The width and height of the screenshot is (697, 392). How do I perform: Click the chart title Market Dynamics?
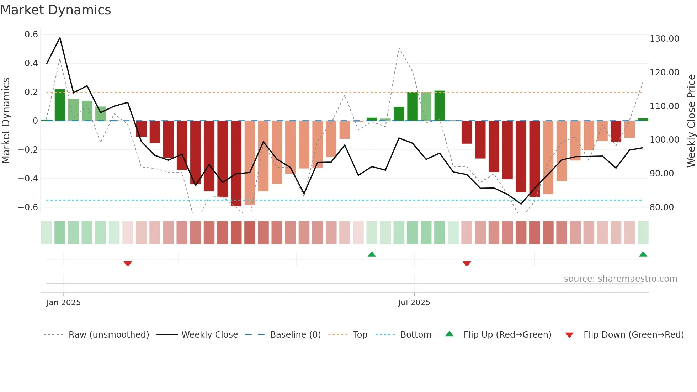click(x=55, y=10)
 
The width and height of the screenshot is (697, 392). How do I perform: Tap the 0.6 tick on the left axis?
click(x=31, y=35)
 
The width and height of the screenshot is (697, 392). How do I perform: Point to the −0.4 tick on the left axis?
click(x=28, y=178)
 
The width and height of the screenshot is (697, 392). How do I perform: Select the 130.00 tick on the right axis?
click(x=664, y=38)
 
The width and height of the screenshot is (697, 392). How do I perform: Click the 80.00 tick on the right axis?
click(x=661, y=207)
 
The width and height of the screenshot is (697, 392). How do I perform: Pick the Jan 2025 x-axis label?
click(x=63, y=302)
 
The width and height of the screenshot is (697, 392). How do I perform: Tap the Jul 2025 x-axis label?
click(x=414, y=302)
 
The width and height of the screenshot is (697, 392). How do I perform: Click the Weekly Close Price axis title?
click(x=691, y=121)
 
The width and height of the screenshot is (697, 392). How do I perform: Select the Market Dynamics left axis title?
click(x=6, y=121)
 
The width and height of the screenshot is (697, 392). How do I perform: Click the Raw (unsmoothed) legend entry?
click(x=108, y=334)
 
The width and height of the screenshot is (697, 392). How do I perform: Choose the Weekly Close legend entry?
click(x=209, y=334)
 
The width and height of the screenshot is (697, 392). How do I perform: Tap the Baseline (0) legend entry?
click(x=295, y=334)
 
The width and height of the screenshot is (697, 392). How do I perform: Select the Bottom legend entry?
click(x=415, y=334)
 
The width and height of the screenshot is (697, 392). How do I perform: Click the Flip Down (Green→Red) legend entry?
click(x=633, y=334)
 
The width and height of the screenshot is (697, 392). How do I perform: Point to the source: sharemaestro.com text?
click(x=620, y=279)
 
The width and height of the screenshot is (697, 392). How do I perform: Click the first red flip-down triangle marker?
click(x=128, y=263)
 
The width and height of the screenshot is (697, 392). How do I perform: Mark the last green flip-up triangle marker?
click(x=643, y=254)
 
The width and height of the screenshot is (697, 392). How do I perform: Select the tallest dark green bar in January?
click(x=60, y=105)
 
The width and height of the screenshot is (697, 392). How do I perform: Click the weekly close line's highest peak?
click(x=60, y=38)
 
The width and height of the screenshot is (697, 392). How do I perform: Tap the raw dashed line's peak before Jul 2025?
click(x=399, y=48)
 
